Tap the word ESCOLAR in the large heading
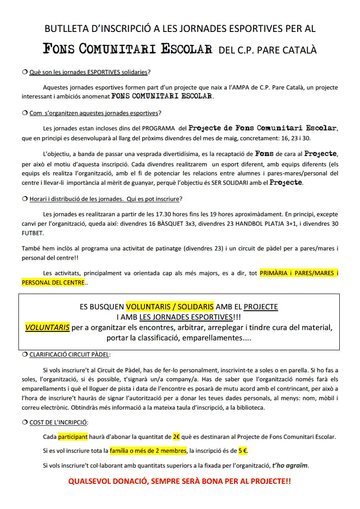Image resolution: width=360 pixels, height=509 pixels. click(186, 49)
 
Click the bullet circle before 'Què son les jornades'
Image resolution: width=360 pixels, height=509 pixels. click(25, 72)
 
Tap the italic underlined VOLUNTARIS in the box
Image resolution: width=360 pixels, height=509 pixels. click(47, 327)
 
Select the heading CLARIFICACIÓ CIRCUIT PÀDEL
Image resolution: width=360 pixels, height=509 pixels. click(69, 355)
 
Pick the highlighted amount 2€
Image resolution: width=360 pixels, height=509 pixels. click(176, 437)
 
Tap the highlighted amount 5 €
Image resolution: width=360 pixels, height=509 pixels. click(243, 451)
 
